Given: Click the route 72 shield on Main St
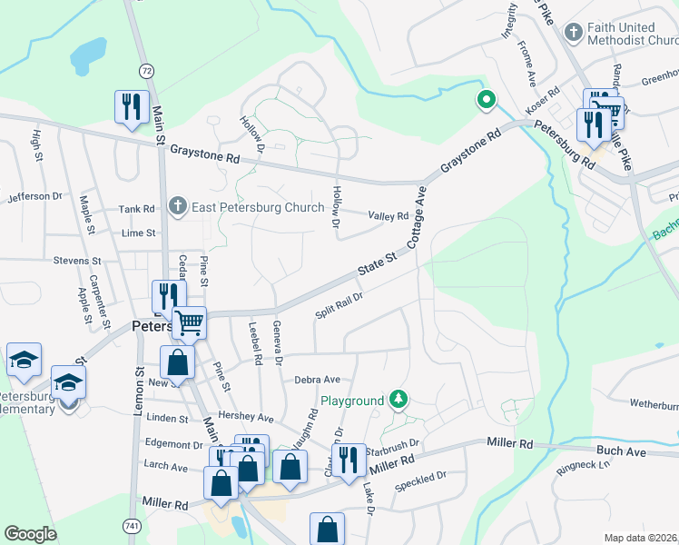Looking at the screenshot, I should coord(146,70).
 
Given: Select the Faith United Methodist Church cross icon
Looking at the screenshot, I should coord(573,34).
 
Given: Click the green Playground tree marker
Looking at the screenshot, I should coord(398,399).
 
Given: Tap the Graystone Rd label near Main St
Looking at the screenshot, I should coord(207,157).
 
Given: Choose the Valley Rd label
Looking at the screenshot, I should coord(389,216).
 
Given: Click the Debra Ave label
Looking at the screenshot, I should coord(316,380).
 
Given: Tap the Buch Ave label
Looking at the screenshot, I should coord(621,451).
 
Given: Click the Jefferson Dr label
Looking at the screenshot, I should coord(35,196).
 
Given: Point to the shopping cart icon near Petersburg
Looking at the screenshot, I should coord(190,322).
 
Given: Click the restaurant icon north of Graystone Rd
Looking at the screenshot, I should coord(132,106).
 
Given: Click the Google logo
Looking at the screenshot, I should coord(31,534).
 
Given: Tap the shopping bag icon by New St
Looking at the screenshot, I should coord(179,362).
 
